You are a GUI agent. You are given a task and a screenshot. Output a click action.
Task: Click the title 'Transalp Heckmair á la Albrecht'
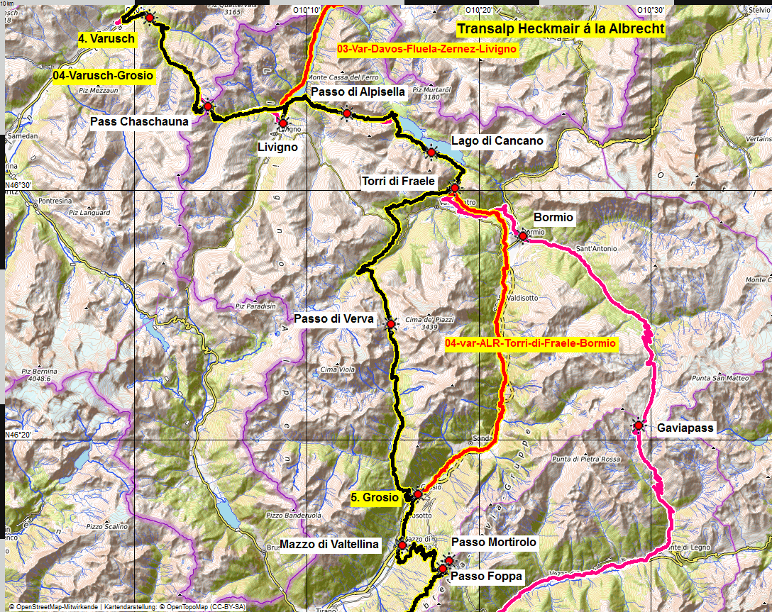[x=561, y=29]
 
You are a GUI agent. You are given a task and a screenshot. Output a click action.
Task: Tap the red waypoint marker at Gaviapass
[x=639, y=425]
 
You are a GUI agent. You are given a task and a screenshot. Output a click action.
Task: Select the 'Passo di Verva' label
[x=333, y=319]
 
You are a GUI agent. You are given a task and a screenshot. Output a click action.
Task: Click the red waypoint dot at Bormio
[x=523, y=235]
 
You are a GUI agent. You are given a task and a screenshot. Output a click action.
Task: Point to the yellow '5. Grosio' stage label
[x=375, y=498]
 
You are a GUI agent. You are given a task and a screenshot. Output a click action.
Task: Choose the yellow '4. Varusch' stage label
[x=106, y=38]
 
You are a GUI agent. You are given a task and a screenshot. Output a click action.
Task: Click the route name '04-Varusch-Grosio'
[x=103, y=74]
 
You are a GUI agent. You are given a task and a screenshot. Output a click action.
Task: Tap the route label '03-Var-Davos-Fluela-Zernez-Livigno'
[x=427, y=50]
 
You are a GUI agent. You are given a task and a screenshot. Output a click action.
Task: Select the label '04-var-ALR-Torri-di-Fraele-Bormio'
[x=530, y=343]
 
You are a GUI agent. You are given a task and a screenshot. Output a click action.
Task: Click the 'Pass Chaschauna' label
[x=140, y=121]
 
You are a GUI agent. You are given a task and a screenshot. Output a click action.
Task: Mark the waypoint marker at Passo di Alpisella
[x=346, y=113]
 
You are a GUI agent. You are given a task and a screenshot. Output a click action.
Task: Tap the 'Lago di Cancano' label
[x=497, y=140]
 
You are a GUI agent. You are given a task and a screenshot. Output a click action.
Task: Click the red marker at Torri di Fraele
[x=455, y=188]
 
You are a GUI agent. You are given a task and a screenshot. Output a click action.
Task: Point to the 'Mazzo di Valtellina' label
[x=330, y=545]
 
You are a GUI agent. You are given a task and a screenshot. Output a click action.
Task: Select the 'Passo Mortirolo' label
[x=494, y=542]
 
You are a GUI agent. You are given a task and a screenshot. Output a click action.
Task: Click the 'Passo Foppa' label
[x=486, y=577]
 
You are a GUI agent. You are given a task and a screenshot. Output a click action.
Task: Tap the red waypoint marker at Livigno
[x=283, y=122]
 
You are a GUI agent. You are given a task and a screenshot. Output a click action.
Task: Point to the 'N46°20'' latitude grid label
[x=18, y=435]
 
